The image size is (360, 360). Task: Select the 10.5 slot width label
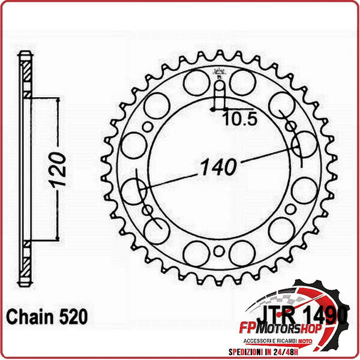coord(239,119)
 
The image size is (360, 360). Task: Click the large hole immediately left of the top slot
coord(196,82)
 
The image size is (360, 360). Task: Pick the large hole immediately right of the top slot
coord(242,82)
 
